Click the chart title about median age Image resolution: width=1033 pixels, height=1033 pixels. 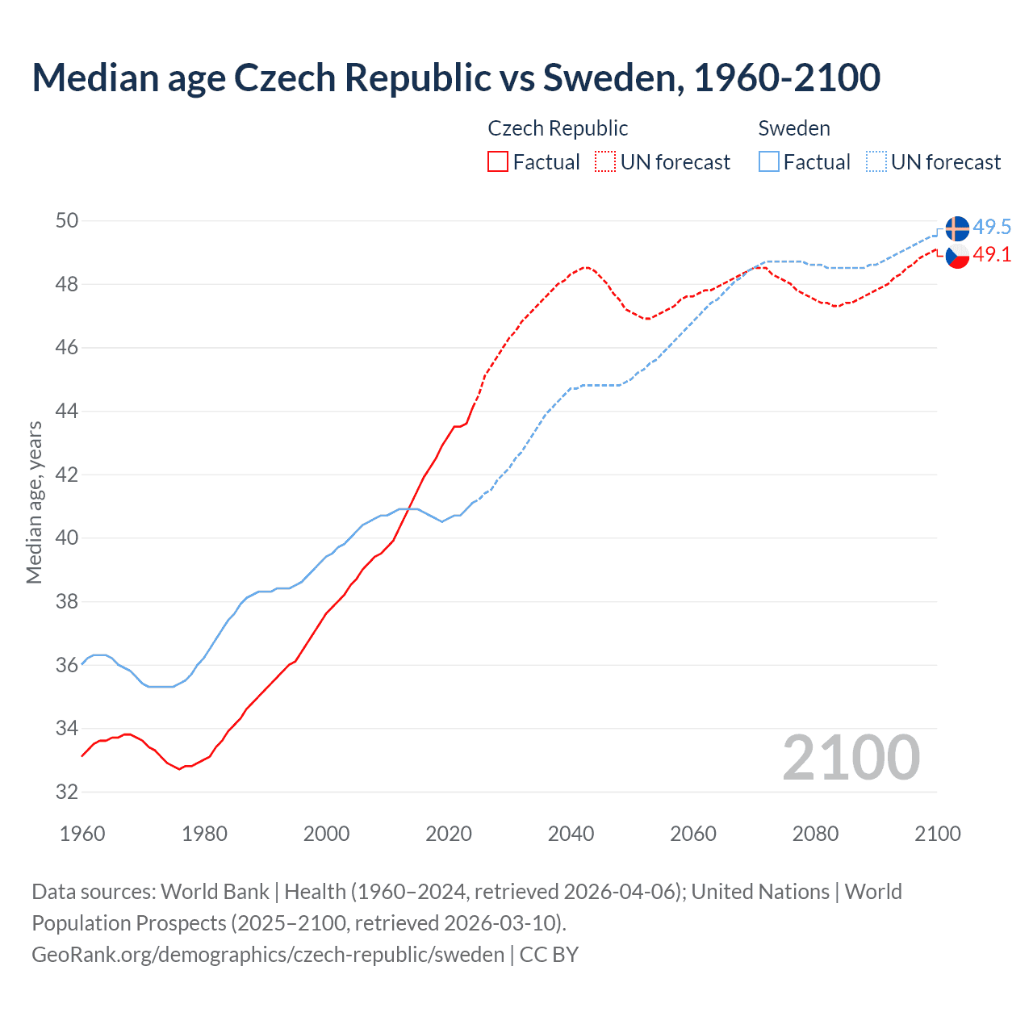(456, 77)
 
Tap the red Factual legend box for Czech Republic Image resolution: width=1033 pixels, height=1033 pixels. (498, 161)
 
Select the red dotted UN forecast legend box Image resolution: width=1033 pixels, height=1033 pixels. (605, 161)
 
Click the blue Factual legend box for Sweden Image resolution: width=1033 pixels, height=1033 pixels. (769, 161)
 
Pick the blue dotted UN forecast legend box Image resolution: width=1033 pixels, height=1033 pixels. (876, 161)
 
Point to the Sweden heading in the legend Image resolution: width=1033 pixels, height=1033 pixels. (794, 128)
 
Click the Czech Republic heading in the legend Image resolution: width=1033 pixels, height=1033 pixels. (558, 128)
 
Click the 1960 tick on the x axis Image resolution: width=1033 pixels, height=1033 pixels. (82, 834)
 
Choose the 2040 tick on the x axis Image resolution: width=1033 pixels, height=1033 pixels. (571, 834)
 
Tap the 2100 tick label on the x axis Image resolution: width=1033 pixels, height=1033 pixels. (937, 834)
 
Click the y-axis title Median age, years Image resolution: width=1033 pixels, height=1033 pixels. (34, 502)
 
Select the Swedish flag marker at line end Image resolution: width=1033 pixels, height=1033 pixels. (957, 228)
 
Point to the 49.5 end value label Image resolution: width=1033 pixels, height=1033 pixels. (992, 227)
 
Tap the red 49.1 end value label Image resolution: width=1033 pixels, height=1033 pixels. (992, 254)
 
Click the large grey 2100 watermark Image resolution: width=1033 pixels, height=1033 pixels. (851, 757)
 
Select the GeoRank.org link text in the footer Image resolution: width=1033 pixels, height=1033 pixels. (268, 954)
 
